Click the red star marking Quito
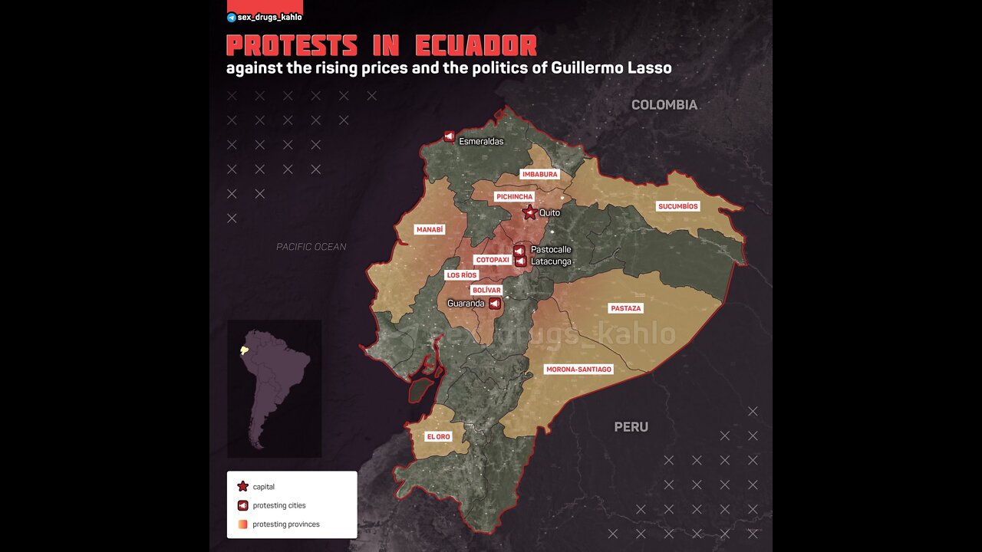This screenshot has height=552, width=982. pyautogui.click(x=529, y=212)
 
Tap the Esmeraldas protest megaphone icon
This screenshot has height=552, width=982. pyautogui.click(x=449, y=136)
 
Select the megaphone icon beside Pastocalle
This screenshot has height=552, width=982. pyautogui.click(x=519, y=250)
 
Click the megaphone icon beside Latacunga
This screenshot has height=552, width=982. pyautogui.click(x=520, y=261)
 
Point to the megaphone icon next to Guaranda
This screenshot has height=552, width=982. pyautogui.click(x=495, y=304)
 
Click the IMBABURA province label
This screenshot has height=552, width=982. pyautogui.click(x=539, y=174)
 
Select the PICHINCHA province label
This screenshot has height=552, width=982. pyautogui.click(x=514, y=197)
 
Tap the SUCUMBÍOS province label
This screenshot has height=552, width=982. pyautogui.click(x=678, y=206)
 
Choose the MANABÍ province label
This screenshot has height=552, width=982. pyautogui.click(x=430, y=229)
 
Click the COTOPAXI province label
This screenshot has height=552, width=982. pyautogui.click(x=492, y=260)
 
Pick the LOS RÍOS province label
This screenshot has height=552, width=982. pyautogui.click(x=462, y=274)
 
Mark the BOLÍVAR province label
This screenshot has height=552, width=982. pyautogui.click(x=486, y=291)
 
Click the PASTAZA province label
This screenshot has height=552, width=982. pyautogui.click(x=625, y=308)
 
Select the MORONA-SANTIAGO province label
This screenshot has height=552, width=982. pyautogui.click(x=578, y=370)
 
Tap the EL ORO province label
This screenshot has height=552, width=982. pyautogui.click(x=438, y=436)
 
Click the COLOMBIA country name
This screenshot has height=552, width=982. pyautogui.click(x=664, y=105)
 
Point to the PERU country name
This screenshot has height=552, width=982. pyautogui.click(x=631, y=427)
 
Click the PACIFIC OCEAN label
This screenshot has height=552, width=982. pyautogui.click(x=311, y=247)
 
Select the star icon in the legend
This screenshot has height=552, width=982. pyautogui.click(x=242, y=486)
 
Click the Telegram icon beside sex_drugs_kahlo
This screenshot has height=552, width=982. pyautogui.click(x=232, y=17)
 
